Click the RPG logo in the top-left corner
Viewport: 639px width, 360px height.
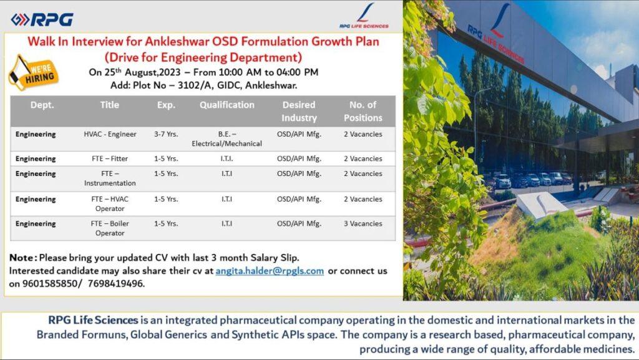tap(42, 19)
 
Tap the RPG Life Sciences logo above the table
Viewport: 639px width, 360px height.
tap(364, 16)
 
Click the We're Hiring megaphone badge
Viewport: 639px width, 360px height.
tap(33, 72)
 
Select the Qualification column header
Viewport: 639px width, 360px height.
tap(227, 105)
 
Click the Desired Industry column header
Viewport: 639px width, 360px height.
tap(299, 111)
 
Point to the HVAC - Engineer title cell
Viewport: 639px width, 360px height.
tap(110, 134)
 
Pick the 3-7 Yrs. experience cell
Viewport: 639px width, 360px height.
tap(166, 134)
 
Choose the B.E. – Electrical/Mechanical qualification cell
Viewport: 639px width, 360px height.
tap(227, 139)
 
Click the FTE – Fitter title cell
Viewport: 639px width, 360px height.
tap(110, 158)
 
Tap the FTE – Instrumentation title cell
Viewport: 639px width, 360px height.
tap(110, 178)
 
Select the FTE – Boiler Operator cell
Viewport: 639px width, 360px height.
tap(110, 228)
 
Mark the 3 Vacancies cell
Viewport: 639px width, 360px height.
tap(363, 223)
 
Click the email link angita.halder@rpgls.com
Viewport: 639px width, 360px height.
tap(270, 271)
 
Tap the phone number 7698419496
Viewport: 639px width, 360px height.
tap(115, 283)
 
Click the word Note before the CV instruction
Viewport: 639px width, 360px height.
tap(22, 258)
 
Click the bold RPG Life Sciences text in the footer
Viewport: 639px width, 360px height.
tap(93, 320)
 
